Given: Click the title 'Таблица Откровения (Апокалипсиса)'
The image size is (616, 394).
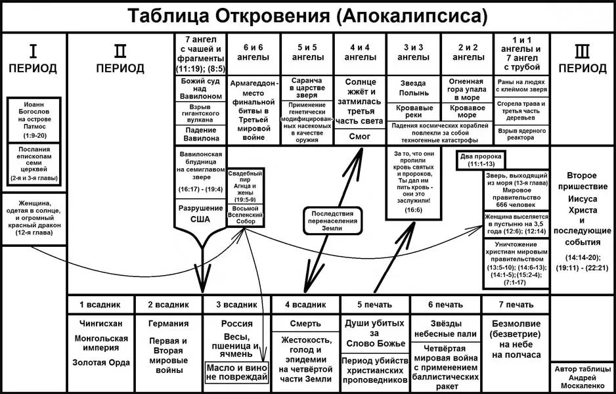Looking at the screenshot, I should tap(307, 16).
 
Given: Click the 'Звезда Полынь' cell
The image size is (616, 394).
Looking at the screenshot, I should tap(413, 88).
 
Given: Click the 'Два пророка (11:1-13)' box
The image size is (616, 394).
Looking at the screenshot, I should tap(487, 160).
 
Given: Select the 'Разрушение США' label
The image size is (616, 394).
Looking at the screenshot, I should tap(200, 214).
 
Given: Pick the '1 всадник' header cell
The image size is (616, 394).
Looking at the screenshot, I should tap(100, 305).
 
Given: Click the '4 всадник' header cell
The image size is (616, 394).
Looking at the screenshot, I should tap(305, 305).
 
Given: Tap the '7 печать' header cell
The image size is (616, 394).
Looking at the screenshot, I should tap(516, 305).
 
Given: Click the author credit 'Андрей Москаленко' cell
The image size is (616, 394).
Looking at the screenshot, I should tap(582, 378).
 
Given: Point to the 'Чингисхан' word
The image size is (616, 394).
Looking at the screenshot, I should tap(100, 324).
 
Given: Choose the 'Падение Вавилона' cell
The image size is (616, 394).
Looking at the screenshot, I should tap(200, 135).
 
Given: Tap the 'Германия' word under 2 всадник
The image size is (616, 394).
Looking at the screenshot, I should tap(169, 324).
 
